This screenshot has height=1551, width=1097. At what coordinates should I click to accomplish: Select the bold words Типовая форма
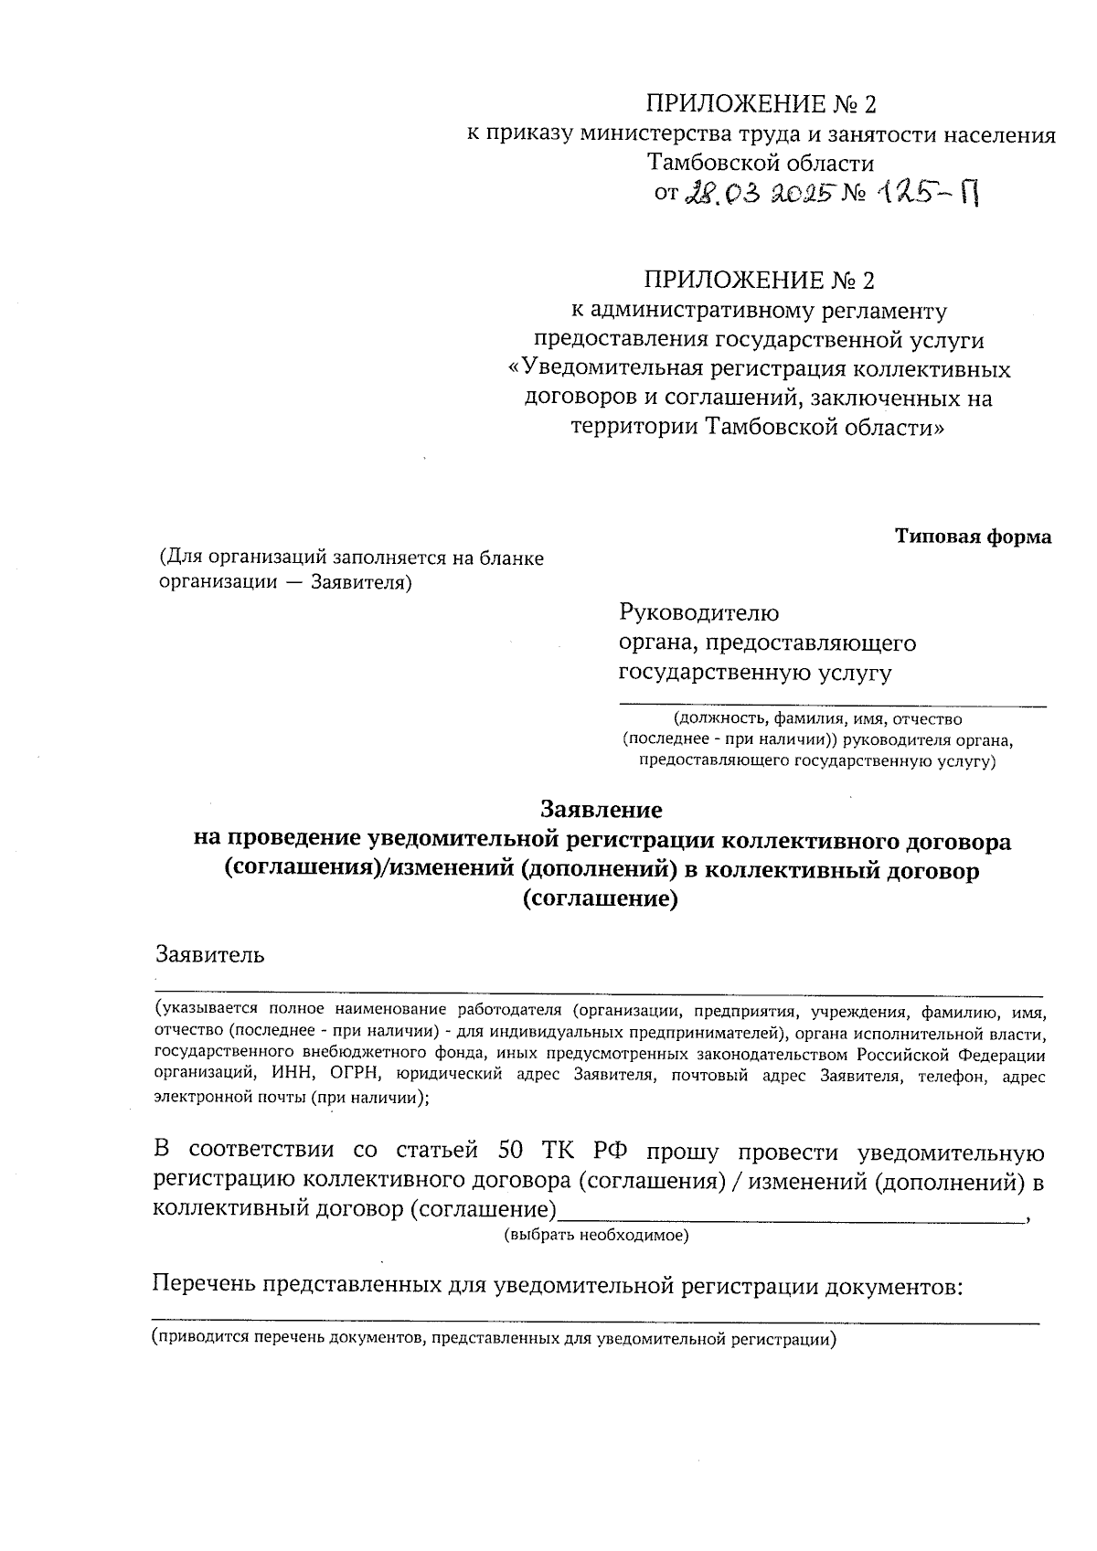tap(973, 536)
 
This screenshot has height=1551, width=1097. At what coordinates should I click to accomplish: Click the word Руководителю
tap(699, 612)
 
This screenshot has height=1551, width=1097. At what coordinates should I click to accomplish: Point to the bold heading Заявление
tap(602, 810)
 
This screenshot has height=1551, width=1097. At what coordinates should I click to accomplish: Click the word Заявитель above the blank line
tap(210, 955)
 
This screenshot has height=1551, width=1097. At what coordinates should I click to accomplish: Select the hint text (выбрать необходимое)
tap(596, 1236)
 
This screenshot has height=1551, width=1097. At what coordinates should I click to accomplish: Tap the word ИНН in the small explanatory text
tap(291, 1076)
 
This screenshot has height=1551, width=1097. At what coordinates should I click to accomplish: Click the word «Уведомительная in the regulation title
tap(605, 369)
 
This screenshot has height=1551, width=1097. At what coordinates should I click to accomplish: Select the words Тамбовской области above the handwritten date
tap(760, 164)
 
